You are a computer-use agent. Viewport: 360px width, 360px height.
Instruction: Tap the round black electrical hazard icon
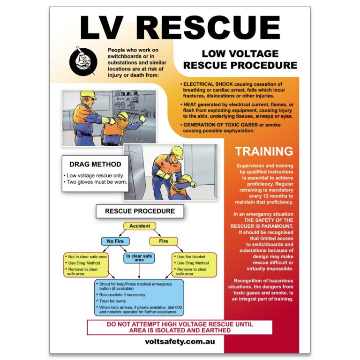coord(82,61)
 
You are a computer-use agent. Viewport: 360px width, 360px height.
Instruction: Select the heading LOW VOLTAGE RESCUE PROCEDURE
coord(240,60)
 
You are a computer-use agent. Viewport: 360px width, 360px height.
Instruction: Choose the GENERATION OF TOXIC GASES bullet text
coord(220,125)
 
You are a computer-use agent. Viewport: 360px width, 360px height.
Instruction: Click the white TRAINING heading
coord(264,151)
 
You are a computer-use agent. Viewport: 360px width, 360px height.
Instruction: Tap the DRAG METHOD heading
coord(95,165)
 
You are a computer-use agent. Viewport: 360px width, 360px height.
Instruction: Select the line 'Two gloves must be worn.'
coord(96,182)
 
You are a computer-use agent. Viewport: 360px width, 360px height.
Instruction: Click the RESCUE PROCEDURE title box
coord(140,211)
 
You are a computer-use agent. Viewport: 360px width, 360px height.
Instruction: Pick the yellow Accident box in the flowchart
coord(140,226)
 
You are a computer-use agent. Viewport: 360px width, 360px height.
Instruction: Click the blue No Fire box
coord(115,241)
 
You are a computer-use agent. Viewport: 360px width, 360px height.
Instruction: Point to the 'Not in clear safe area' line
coord(88,257)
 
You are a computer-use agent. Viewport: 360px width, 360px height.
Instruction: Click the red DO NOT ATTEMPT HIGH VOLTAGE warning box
coord(180,327)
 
